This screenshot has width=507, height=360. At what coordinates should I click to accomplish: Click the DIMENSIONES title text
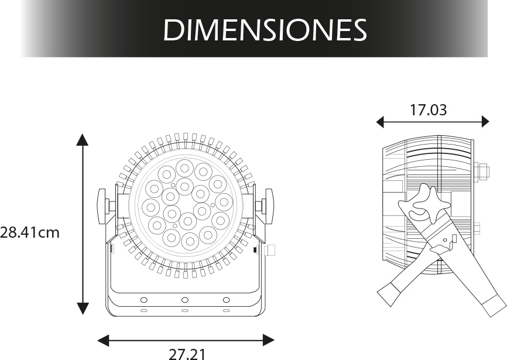tap(265, 29)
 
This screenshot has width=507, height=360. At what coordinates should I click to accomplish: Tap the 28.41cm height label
tap(30, 232)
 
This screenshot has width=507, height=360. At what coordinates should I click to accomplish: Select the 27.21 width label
tap(187, 355)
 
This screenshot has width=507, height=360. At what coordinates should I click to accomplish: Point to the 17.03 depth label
tap(428, 110)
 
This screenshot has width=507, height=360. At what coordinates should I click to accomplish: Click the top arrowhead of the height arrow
tap(83, 139)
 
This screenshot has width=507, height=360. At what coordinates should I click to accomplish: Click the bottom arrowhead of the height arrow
tap(83, 308)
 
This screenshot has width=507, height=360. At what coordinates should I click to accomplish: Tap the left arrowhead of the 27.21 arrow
tap(104, 340)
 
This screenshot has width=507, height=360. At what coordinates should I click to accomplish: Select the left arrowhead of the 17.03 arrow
tap(381, 122)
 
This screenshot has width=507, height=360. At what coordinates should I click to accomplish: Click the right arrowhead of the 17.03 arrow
tap(485, 122)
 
